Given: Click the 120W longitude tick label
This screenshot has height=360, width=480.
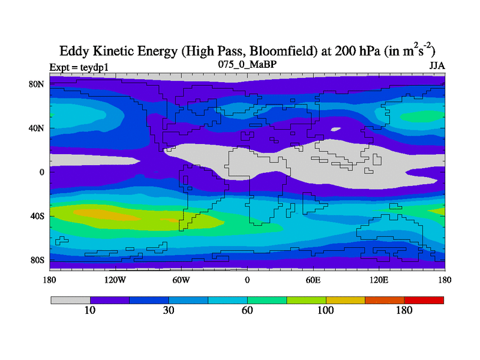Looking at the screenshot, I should pos(115,280).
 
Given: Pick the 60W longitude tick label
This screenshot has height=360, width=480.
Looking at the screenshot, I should pos(181,280).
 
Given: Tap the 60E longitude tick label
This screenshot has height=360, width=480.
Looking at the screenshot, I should pos(313,280).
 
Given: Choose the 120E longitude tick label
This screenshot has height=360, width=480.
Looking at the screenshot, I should pos(379,280).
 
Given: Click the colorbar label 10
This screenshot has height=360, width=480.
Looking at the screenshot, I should pos(90,310).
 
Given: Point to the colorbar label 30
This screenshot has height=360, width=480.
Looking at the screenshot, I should pos(169,310).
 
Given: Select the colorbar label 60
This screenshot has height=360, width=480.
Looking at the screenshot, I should pos(247,310).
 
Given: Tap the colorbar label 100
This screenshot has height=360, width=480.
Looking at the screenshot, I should pos(326,310).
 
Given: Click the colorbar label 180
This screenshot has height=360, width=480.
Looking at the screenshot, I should pos(404,310).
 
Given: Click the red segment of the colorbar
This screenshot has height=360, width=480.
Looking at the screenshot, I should pos(424,299).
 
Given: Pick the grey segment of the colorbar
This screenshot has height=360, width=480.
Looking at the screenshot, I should pos(70,299).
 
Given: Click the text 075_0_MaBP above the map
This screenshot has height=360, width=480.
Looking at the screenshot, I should pos(247,64).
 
